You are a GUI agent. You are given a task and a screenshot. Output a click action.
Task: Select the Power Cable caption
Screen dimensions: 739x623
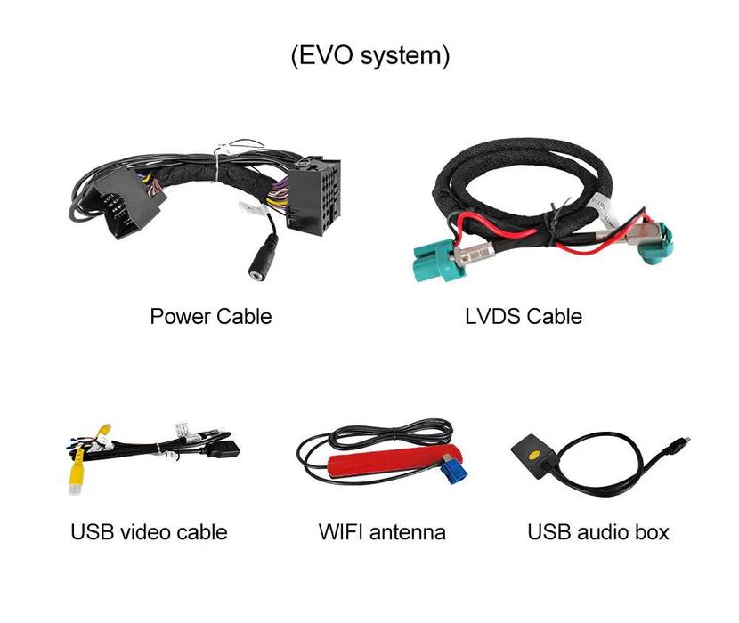(211, 316)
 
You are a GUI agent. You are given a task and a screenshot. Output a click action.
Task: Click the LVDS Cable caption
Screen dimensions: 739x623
(524, 316)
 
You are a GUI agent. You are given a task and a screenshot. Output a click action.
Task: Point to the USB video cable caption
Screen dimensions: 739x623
(149, 532)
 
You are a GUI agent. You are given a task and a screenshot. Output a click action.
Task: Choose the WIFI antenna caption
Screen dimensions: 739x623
(382, 532)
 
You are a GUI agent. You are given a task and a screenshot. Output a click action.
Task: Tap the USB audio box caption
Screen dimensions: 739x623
(598, 532)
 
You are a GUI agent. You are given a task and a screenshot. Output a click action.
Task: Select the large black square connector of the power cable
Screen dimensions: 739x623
(314, 196)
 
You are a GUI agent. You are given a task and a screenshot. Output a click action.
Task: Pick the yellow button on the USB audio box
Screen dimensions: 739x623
(534, 456)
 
